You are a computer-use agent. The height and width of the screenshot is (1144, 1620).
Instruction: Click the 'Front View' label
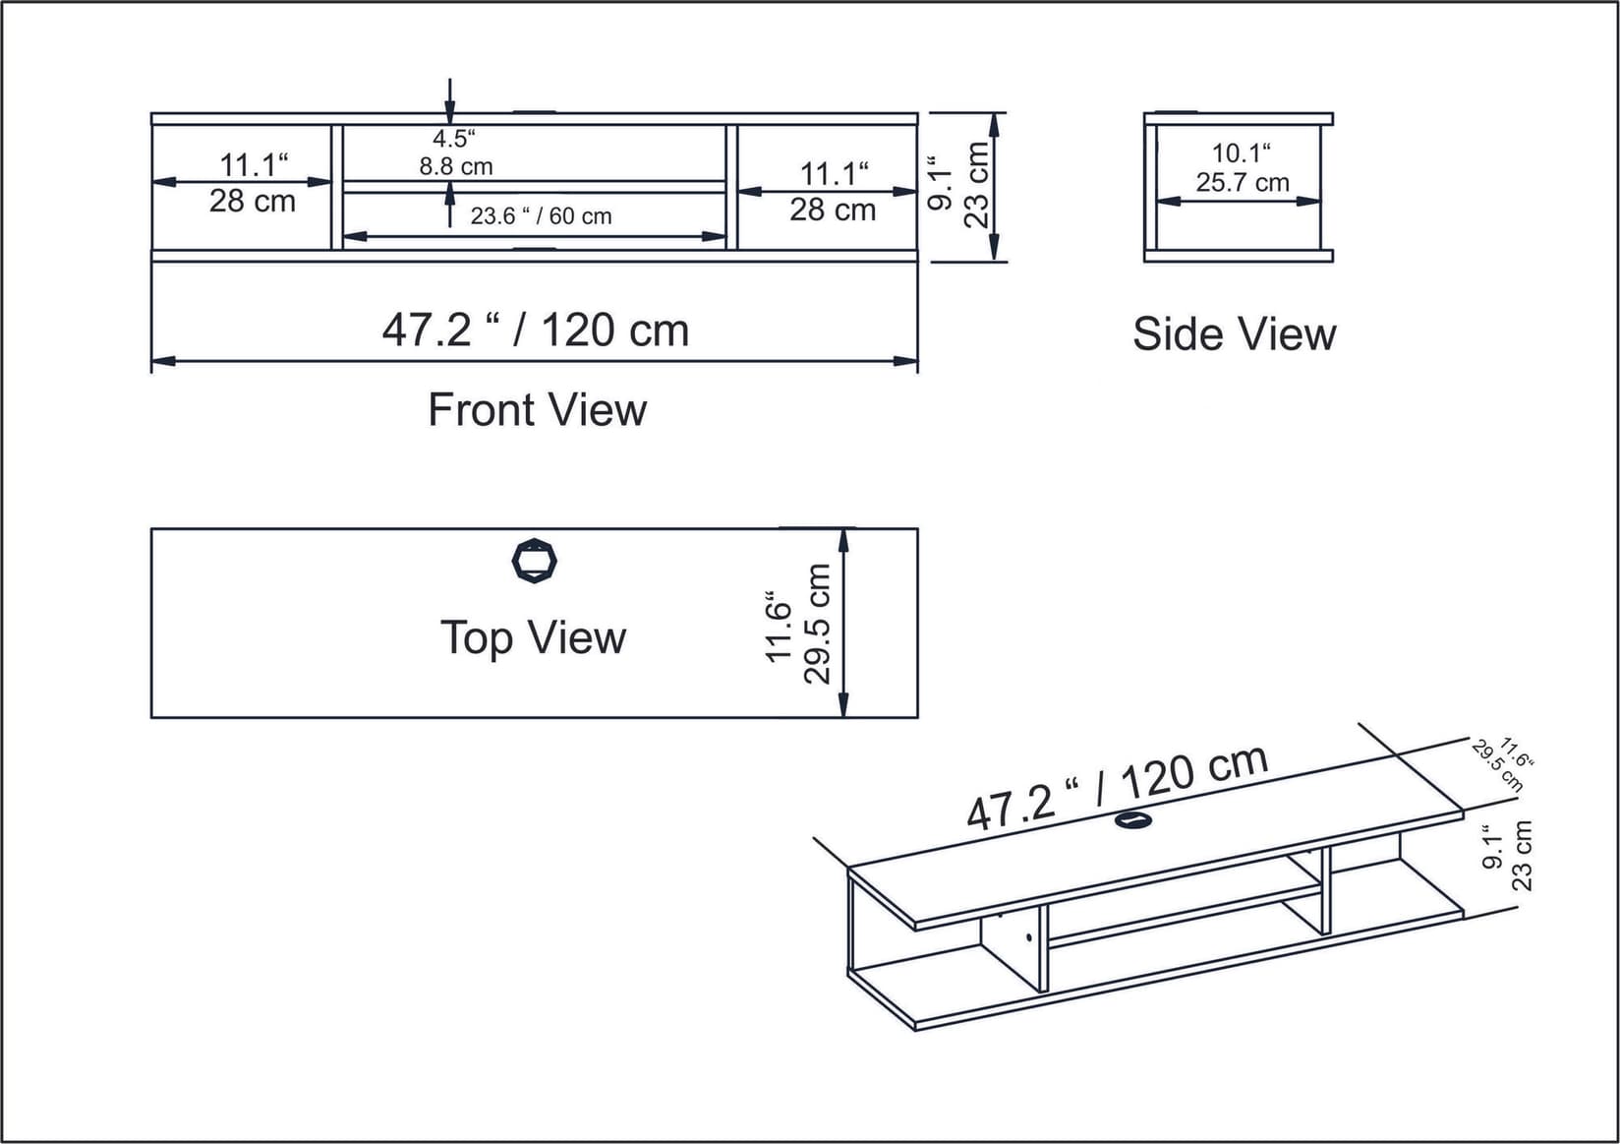537,410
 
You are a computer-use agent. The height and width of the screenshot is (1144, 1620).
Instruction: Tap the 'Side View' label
1234,334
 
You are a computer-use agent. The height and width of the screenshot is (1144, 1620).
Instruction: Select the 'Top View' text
533,637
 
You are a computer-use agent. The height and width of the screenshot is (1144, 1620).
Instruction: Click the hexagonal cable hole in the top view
535,562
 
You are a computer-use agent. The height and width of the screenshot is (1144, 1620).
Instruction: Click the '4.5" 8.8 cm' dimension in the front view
455,152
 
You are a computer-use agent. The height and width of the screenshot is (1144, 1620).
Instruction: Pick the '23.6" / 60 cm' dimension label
541,216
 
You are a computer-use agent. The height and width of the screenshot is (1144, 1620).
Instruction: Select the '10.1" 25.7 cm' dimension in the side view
1242,168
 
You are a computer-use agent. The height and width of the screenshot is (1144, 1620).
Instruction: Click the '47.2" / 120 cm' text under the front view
535,331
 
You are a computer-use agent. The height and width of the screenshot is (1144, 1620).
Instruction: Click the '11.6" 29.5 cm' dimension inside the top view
798,624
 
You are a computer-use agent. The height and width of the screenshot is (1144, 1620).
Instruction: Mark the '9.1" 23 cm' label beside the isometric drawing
1507,856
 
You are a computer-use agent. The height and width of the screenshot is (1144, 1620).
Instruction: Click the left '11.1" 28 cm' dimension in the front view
253,183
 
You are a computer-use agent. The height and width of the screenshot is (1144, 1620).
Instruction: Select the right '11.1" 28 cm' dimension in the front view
833,192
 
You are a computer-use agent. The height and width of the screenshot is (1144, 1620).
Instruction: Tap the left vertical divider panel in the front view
337,187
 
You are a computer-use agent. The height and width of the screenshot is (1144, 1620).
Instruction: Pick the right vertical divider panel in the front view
731,187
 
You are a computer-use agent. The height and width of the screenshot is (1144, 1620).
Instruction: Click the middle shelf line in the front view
534,187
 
